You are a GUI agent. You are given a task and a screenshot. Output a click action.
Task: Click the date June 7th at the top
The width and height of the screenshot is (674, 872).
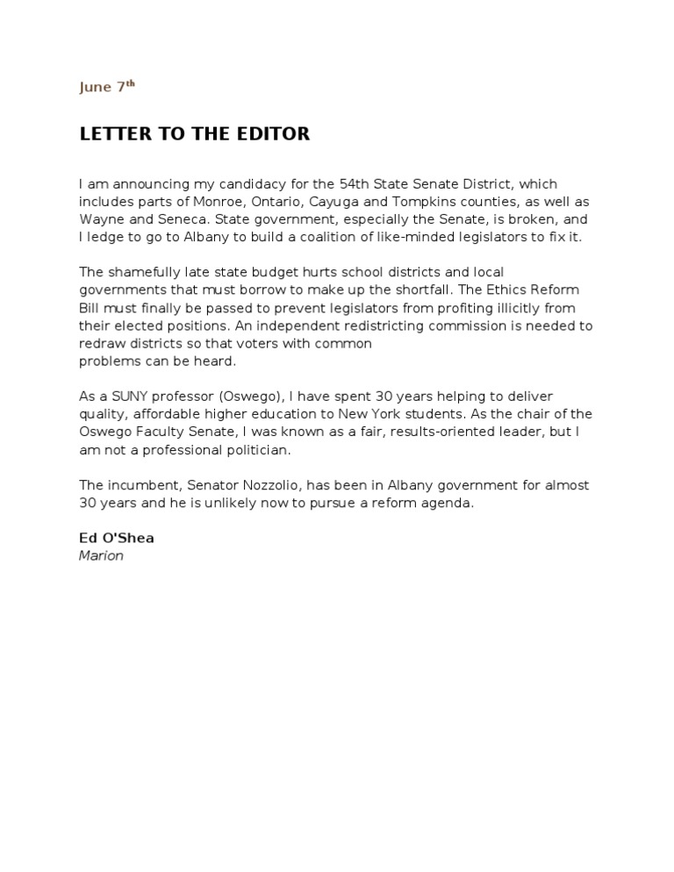point(107,87)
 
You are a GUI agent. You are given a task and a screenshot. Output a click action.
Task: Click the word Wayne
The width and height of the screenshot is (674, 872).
point(101,219)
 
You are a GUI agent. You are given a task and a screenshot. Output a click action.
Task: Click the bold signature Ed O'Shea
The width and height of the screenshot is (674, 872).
point(116,538)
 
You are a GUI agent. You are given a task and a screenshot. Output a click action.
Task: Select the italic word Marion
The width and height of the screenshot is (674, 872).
point(101,555)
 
